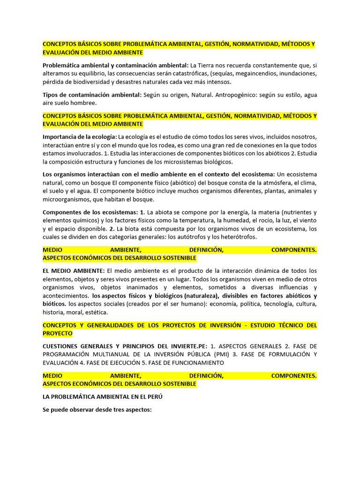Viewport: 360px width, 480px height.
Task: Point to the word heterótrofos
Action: (234, 237)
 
